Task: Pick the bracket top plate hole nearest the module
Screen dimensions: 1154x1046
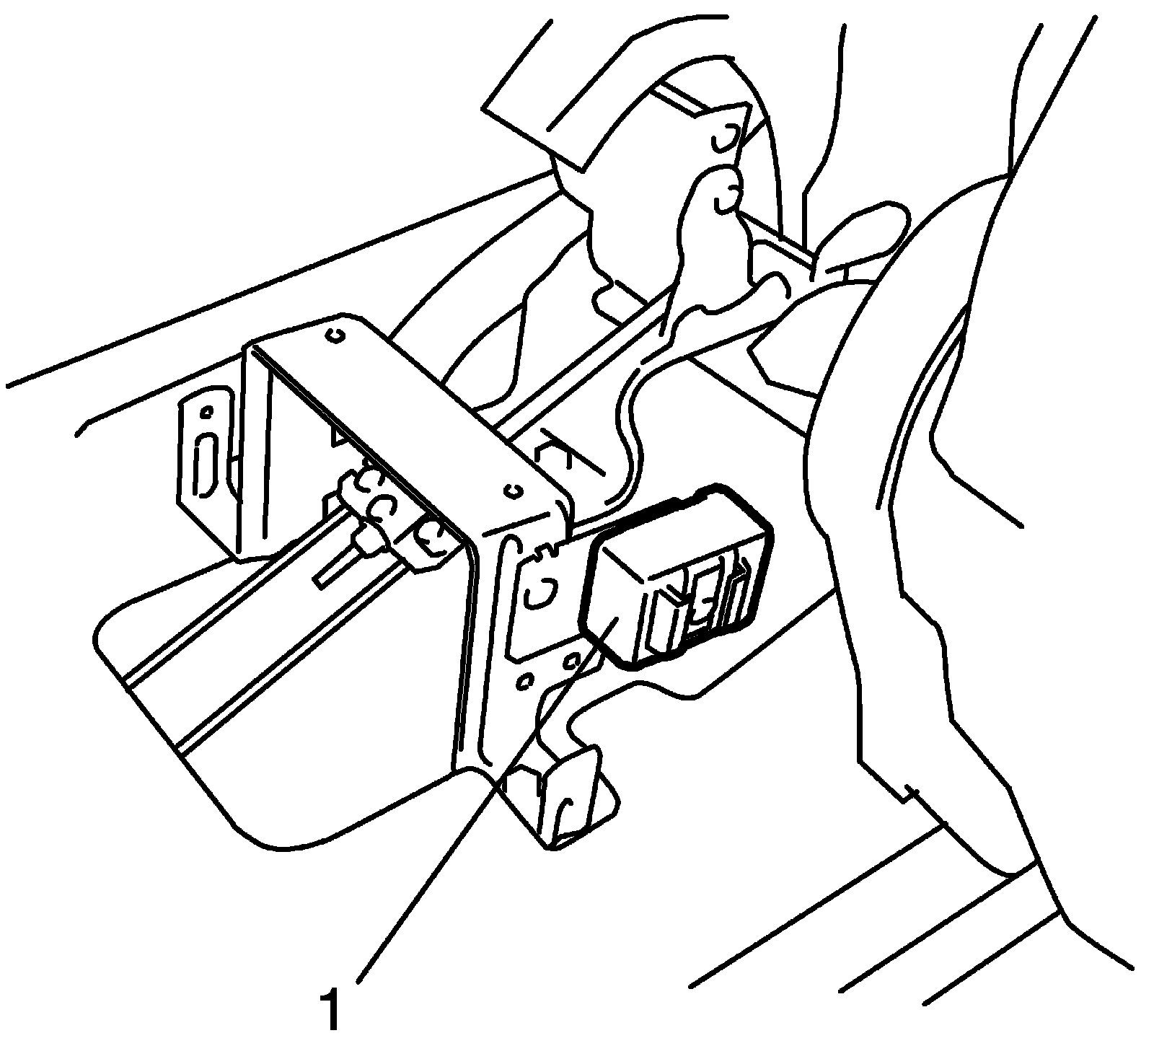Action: click(x=514, y=491)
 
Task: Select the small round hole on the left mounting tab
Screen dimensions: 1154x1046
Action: click(x=207, y=413)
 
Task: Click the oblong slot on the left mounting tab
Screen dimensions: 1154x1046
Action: click(x=204, y=466)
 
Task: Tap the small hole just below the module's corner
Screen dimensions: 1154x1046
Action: click(x=573, y=659)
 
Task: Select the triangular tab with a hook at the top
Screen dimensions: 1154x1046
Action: click(x=725, y=133)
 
